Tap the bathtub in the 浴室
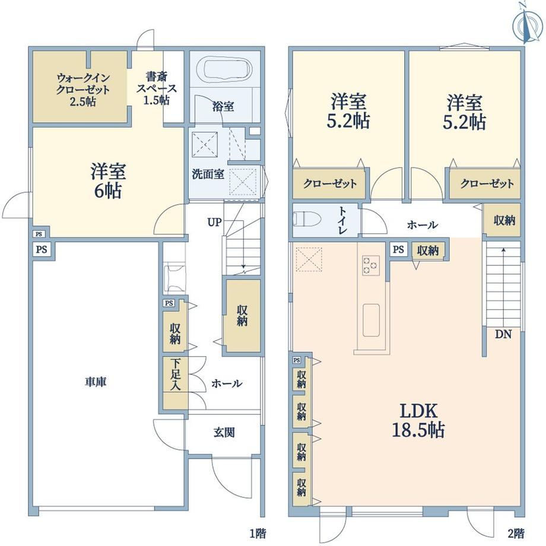224,71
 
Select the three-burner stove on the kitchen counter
370,265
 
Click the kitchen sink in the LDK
371,320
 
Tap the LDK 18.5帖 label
418,420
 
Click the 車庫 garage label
96,382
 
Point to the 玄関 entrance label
224,433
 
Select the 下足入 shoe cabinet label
175,374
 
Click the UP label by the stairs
214,222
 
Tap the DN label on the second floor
503,334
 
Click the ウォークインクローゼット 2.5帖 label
83,90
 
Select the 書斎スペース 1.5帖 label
156,88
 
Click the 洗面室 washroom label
208,174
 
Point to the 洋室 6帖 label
108,181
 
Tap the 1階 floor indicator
258,533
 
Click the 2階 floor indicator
516,533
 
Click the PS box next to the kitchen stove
398,249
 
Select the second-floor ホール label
423,224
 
